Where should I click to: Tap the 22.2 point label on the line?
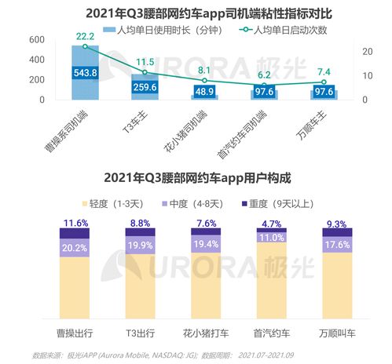coord(86,37)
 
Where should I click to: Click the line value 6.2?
coord(264,75)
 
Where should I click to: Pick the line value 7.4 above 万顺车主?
coord(324,72)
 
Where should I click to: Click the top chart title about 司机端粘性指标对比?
coord(196,12)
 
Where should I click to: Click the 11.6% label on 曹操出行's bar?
coord(74,223)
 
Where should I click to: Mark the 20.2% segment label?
coord(74,248)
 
